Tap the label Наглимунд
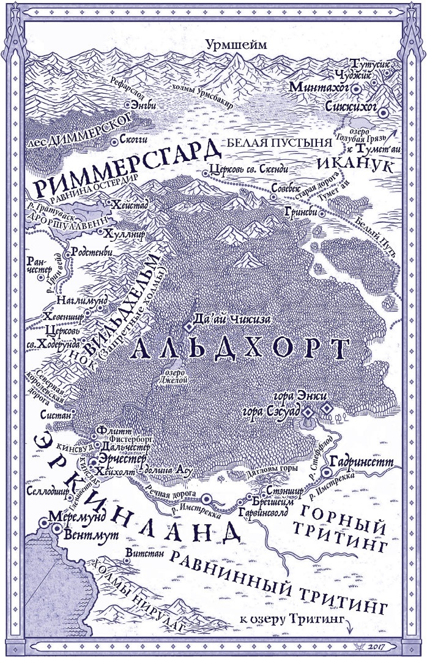tap(81, 300)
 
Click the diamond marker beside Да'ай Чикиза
tap(188, 319)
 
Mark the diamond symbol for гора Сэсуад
tap(309, 411)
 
